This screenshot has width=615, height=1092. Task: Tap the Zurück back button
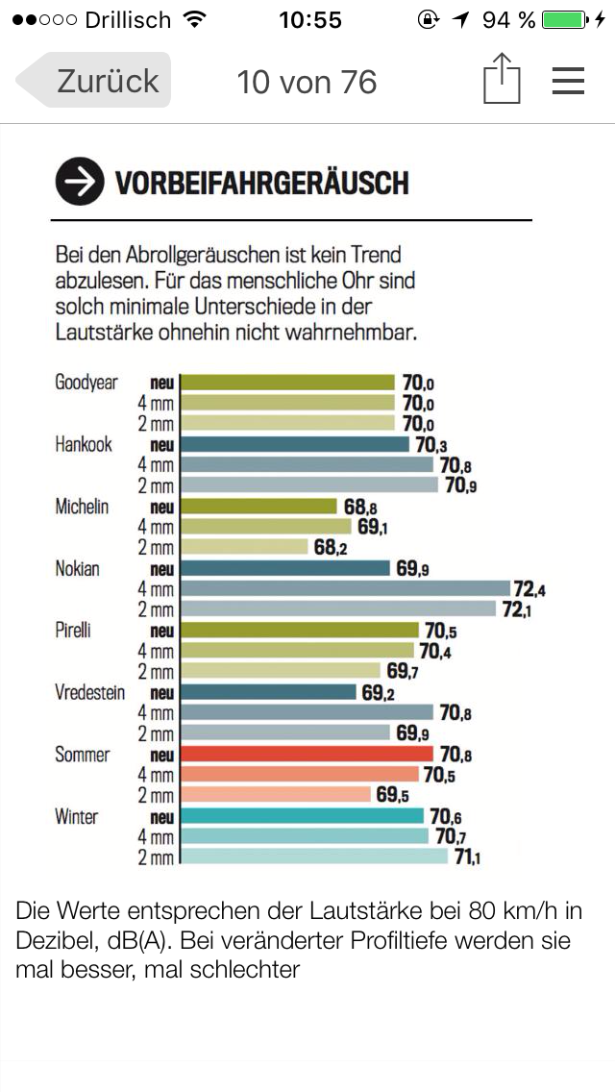click(96, 81)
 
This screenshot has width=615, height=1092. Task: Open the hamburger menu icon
click(568, 81)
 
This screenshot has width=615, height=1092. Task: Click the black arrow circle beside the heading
click(80, 182)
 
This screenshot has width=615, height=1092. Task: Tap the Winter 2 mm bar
click(314, 857)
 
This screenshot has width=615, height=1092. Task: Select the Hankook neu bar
click(295, 444)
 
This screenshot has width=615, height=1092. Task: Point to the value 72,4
click(529, 588)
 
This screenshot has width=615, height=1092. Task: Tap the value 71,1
click(466, 857)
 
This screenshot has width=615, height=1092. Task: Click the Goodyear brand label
click(86, 383)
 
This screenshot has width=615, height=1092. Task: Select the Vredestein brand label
click(89, 693)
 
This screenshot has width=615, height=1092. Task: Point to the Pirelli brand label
click(79, 631)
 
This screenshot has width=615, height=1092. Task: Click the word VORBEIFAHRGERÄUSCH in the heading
click(261, 183)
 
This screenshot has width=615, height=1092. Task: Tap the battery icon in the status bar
click(563, 19)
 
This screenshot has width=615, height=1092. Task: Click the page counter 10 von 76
click(307, 82)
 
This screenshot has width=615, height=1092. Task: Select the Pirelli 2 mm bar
click(281, 671)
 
